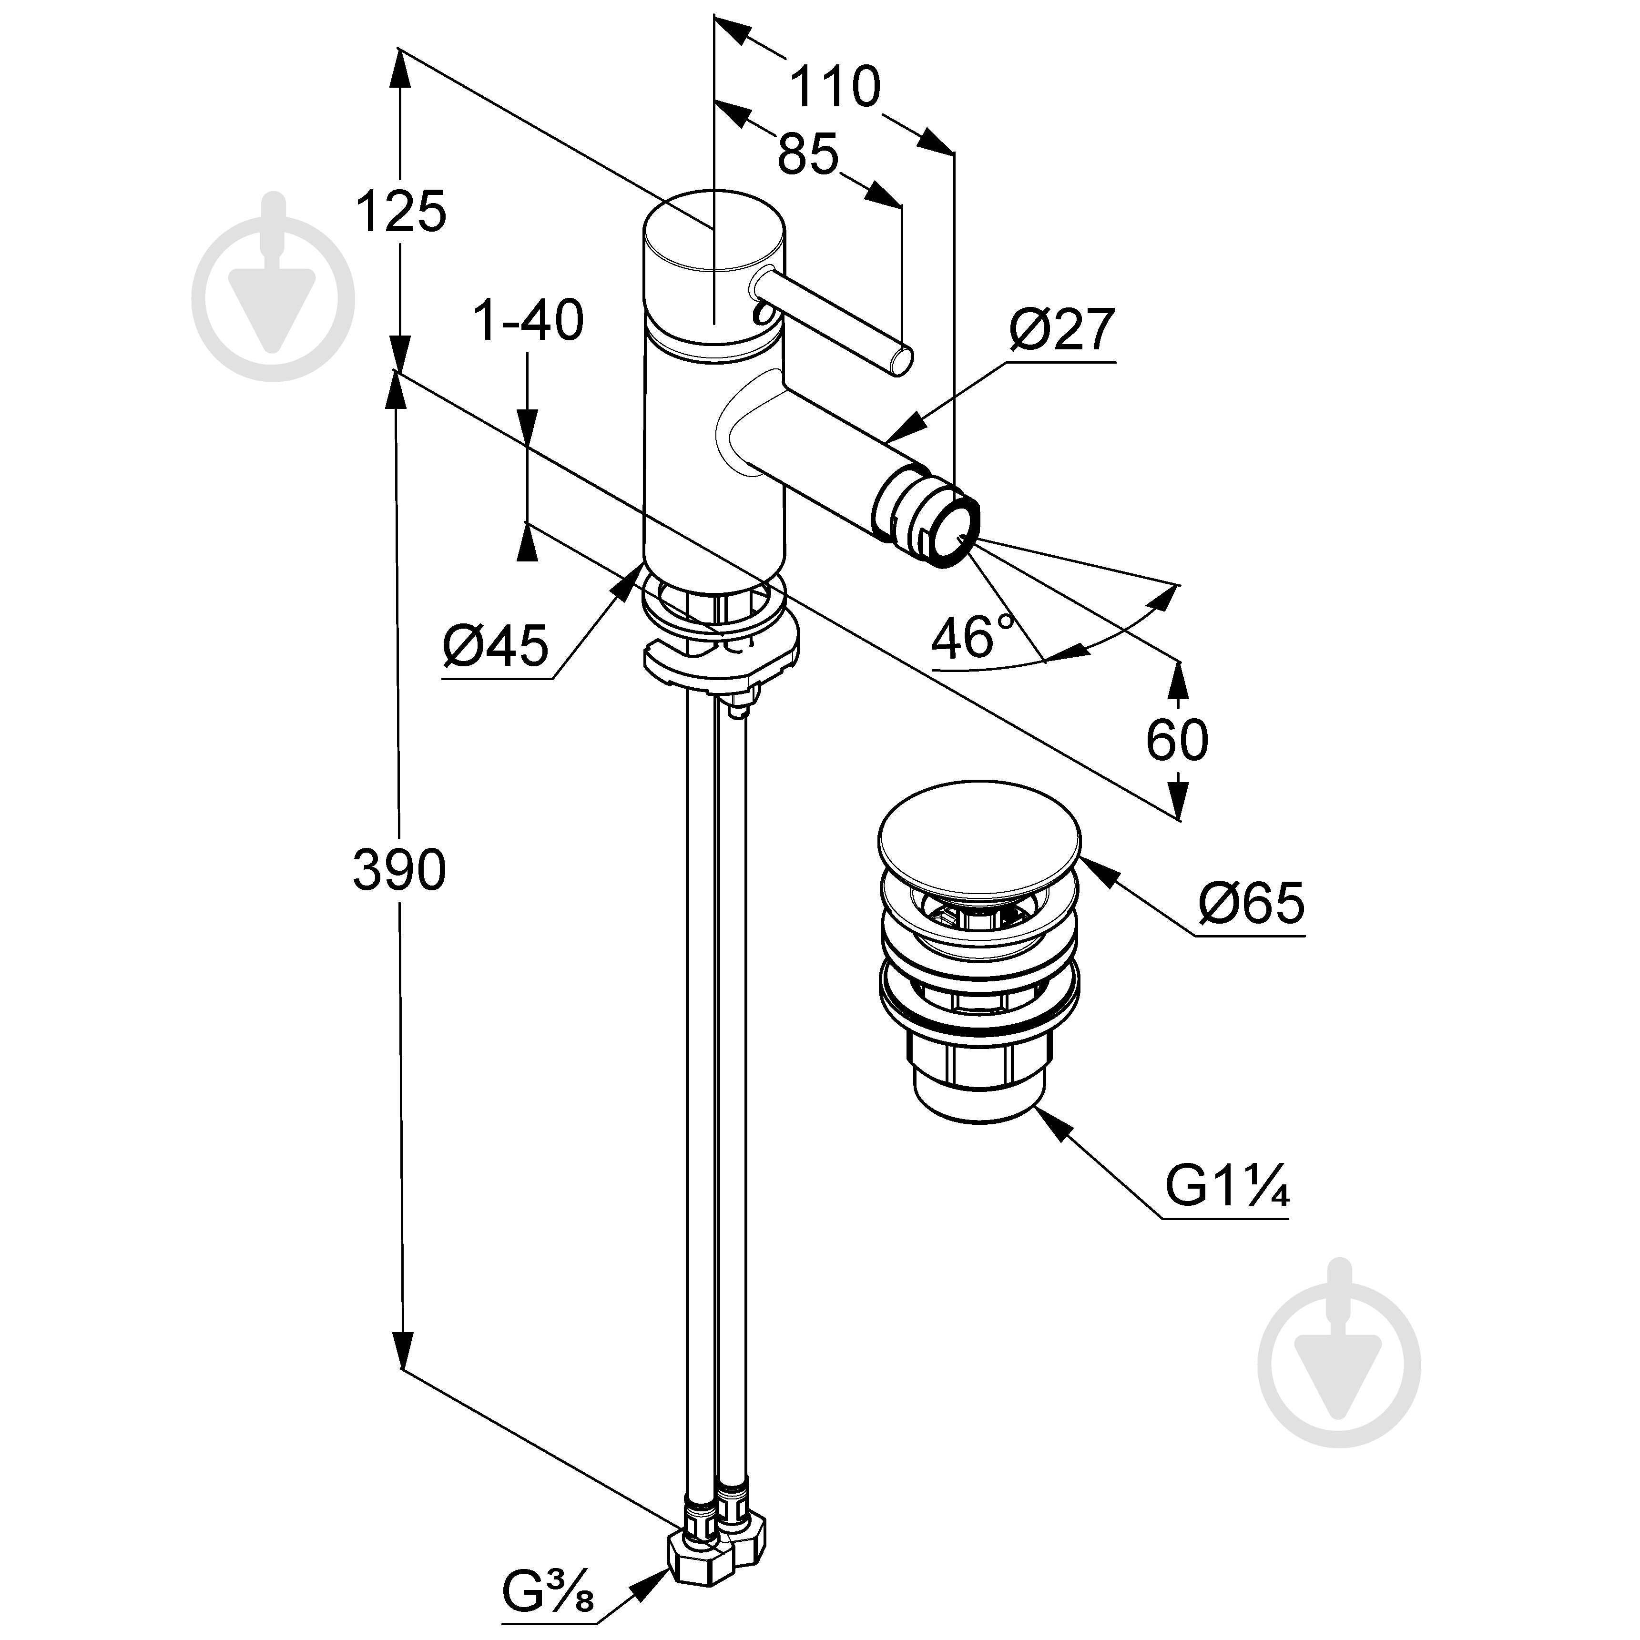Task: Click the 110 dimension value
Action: [x=835, y=87]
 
